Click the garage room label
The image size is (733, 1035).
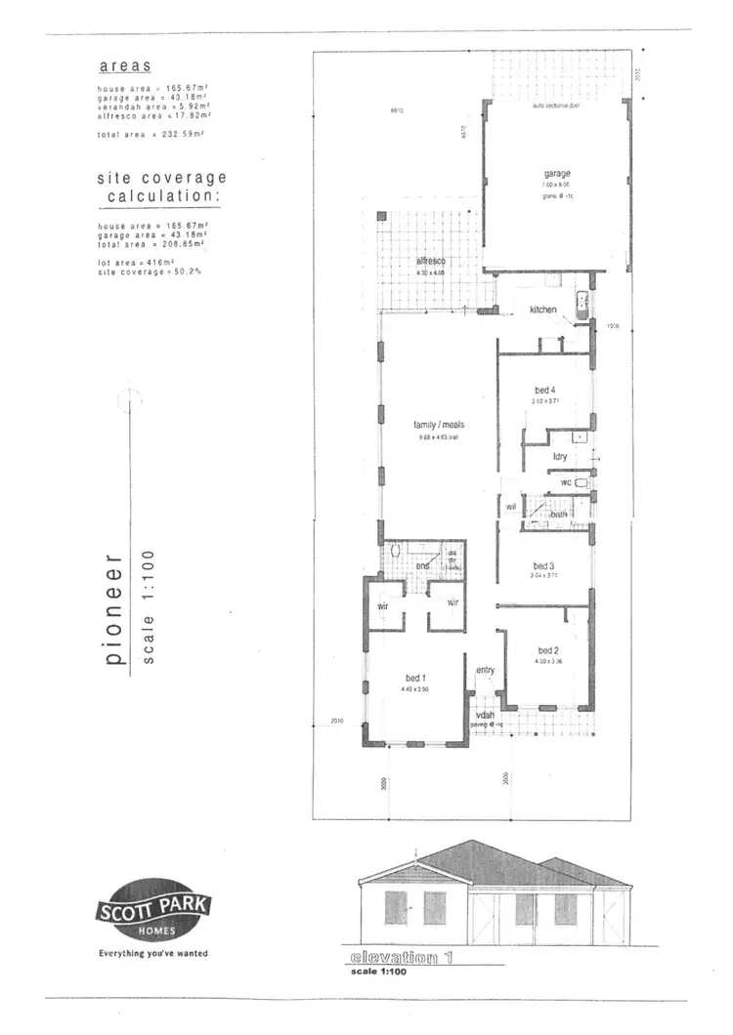(x=559, y=174)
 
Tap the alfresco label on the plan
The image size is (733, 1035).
(x=430, y=262)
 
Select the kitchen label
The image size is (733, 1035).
(x=543, y=310)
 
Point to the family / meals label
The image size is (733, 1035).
(x=438, y=425)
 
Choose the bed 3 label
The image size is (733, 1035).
(x=544, y=565)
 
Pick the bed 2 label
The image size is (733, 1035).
(x=547, y=650)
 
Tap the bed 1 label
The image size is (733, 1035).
(x=415, y=677)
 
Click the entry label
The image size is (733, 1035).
(x=486, y=670)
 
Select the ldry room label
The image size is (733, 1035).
(x=560, y=456)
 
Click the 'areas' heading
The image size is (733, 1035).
(x=125, y=66)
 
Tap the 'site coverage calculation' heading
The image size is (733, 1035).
(x=161, y=187)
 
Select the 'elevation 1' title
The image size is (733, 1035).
(x=401, y=959)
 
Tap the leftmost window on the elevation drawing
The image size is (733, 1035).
(x=396, y=907)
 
